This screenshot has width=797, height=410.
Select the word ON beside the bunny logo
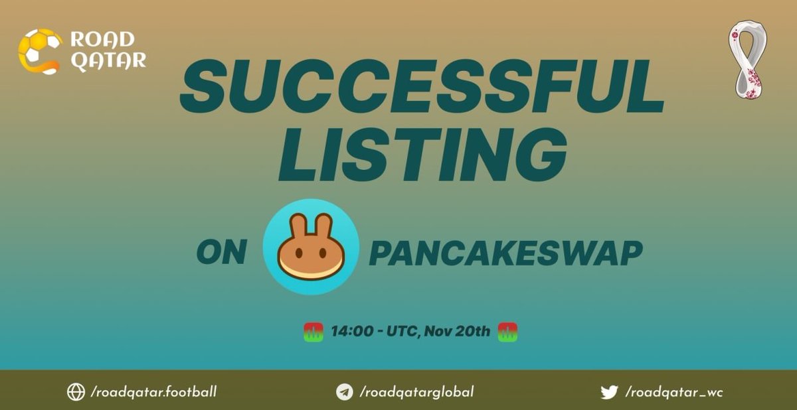(222, 253)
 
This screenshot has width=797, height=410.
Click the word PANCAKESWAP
(506, 253)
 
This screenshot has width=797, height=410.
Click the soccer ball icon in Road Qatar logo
(39, 50)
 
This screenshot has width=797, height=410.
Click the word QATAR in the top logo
(108, 61)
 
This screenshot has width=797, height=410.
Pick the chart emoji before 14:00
(313, 331)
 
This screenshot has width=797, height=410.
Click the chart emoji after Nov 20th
(507, 331)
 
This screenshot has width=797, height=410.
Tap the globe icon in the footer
(76, 392)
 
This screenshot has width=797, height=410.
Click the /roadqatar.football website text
(153, 392)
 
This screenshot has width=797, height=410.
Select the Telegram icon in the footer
(344, 392)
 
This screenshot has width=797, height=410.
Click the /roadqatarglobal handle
(416, 392)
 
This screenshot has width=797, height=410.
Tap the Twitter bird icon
(609, 392)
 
